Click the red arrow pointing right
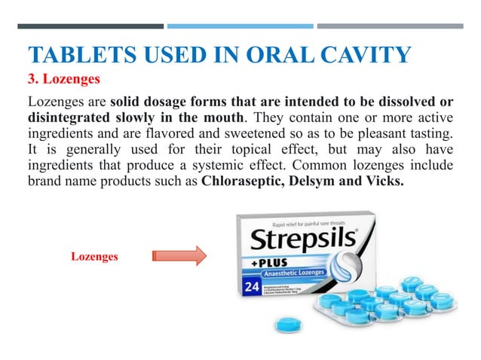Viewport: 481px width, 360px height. pos(179,256)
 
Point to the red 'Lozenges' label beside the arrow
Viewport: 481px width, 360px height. pos(94,257)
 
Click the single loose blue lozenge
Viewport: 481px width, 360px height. pos(287,325)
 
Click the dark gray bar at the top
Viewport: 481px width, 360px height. pos(90,26)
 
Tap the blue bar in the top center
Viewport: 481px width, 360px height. pos(240,26)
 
